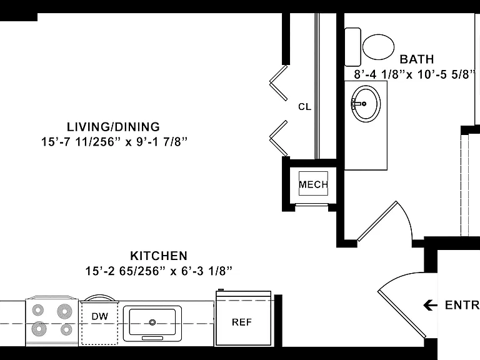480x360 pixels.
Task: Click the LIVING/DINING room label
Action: tap(113, 127)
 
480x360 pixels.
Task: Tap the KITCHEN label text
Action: tap(159, 256)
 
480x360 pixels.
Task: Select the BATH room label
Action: tap(417, 59)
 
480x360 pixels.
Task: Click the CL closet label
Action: tap(304, 107)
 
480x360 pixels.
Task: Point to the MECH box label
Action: tap(314, 184)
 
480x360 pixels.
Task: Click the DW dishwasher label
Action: tap(100, 316)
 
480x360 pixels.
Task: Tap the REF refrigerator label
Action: tap(242, 322)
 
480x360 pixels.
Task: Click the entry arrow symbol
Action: tap(431, 305)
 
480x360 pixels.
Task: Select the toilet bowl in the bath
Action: tap(378, 47)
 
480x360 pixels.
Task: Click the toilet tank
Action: tap(352, 47)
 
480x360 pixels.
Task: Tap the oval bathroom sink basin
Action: tap(366, 104)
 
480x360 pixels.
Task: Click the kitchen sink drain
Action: tap(152, 322)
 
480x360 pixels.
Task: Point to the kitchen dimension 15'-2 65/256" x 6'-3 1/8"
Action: tap(159, 271)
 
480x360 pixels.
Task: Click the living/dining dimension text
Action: tap(114, 142)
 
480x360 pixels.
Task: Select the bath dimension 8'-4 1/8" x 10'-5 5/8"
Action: tap(415, 74)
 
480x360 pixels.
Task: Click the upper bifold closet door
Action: tap(278, 82)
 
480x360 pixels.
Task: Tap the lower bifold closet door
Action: tap(278, 138)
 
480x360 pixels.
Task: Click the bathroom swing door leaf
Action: tap(377, 221)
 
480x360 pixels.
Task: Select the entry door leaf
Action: tap(401, 314)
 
